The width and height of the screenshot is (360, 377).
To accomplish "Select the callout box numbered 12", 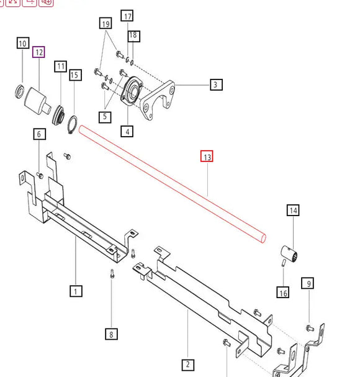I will click(x=39, y=52).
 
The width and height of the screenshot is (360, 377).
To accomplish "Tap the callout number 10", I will click(x=22, y=43).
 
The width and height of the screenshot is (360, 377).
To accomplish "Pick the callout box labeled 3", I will click(x=215, y=84).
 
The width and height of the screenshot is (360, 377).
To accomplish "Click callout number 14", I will click(x=293, y=211).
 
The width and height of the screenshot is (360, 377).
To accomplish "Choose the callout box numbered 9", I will click(x=308, y=284).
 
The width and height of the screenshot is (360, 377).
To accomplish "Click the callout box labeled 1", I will click(x=75, y=291).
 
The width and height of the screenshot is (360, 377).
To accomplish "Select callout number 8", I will click(x=112, y=334).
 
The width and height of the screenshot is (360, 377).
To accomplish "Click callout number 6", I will click(x=38, y=134).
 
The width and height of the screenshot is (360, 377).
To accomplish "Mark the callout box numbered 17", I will click(x=127, y=16).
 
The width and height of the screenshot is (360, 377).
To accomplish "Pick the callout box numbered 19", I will click(x=105, y=24).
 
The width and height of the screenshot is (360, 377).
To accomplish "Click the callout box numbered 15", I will click(x=75, y=75).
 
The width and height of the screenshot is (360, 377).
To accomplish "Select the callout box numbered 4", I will click(x=127, y=131).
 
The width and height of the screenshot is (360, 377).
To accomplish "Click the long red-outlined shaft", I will click(x=174, y=184).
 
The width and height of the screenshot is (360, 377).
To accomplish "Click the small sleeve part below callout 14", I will click(x=290, y=253).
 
